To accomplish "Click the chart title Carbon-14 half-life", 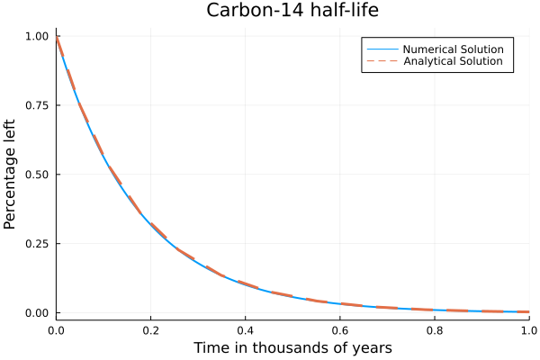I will point(292,11).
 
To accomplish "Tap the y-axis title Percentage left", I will point(11,174).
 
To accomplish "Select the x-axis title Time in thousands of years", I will point(292,347).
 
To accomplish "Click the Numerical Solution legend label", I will point(453,49).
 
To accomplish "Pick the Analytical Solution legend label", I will point(453,61).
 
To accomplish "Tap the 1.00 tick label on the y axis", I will point(37,36).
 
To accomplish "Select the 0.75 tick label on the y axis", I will point(37,105).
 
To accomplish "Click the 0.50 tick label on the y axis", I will point(37,175).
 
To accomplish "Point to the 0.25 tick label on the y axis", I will point(37,244).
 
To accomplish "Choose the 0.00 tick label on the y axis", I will point(37,313).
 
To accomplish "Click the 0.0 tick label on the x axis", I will point(56,330).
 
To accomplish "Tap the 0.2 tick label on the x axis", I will point(150,330).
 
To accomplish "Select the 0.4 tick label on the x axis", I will point(245,330).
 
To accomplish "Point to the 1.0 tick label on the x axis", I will point(528,330).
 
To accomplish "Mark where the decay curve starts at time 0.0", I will point(57,37).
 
